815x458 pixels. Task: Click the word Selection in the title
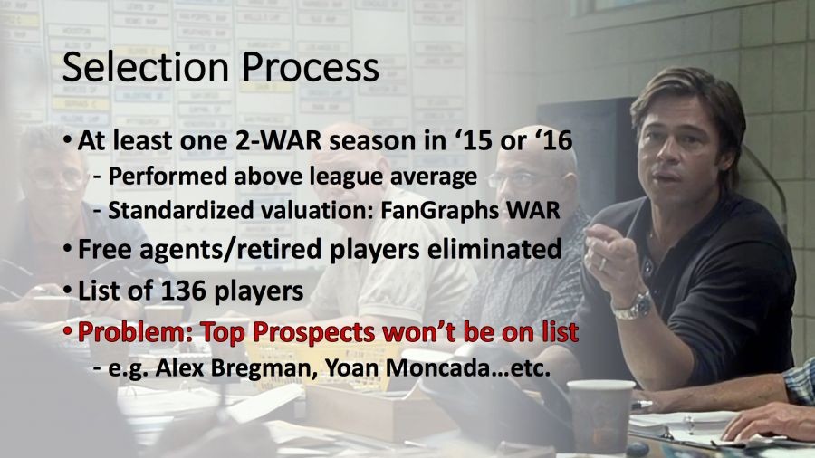pyautogui.click(x=146, y=68)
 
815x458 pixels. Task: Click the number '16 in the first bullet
pyautogui.click(x=553, y=140)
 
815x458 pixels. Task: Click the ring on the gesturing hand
pyautogui.click(x=602, y=263)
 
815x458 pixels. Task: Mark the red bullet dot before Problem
pyautogui.click(x=67, y=330)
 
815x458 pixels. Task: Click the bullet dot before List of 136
pyautogui.click(x=67, y=290)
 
